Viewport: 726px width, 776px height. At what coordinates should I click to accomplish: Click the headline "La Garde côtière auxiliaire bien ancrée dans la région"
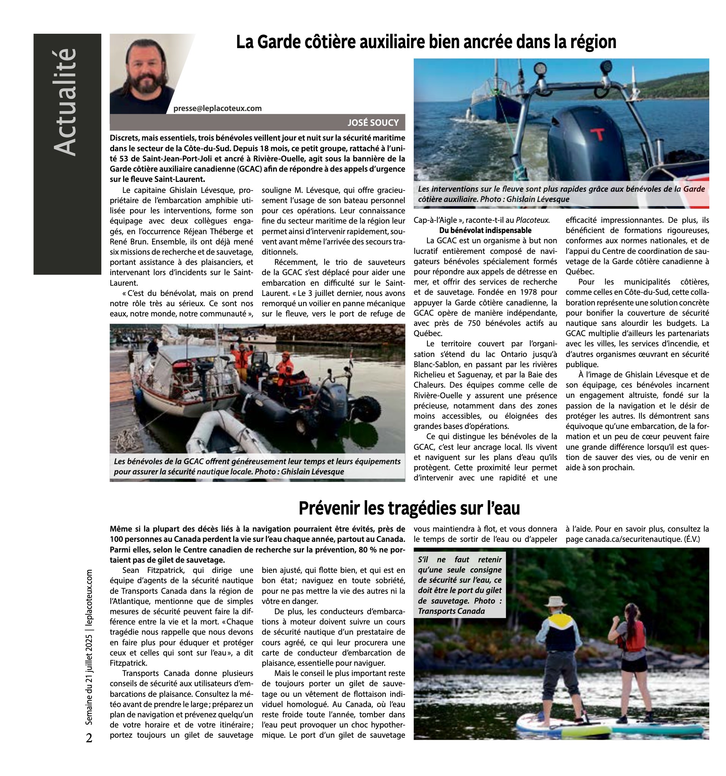pyautogui.click(x=426, y=42)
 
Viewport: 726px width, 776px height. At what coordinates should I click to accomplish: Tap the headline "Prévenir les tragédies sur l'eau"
pyautogui.click(x=409, y=508)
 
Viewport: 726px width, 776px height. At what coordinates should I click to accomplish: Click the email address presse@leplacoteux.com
pyautogui.click(x=217, y=108)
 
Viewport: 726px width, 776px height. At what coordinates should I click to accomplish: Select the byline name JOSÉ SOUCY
pyautogui.click(x=373, y=122)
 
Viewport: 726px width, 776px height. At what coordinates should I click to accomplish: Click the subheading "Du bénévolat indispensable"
pyautogui.click(x=485, y=230)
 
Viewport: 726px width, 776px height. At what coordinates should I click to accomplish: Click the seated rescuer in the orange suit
pyautogui.click(x=285, y=368)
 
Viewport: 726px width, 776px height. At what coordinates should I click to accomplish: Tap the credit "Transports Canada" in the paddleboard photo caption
pyautogui.click(x=451, y=611)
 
